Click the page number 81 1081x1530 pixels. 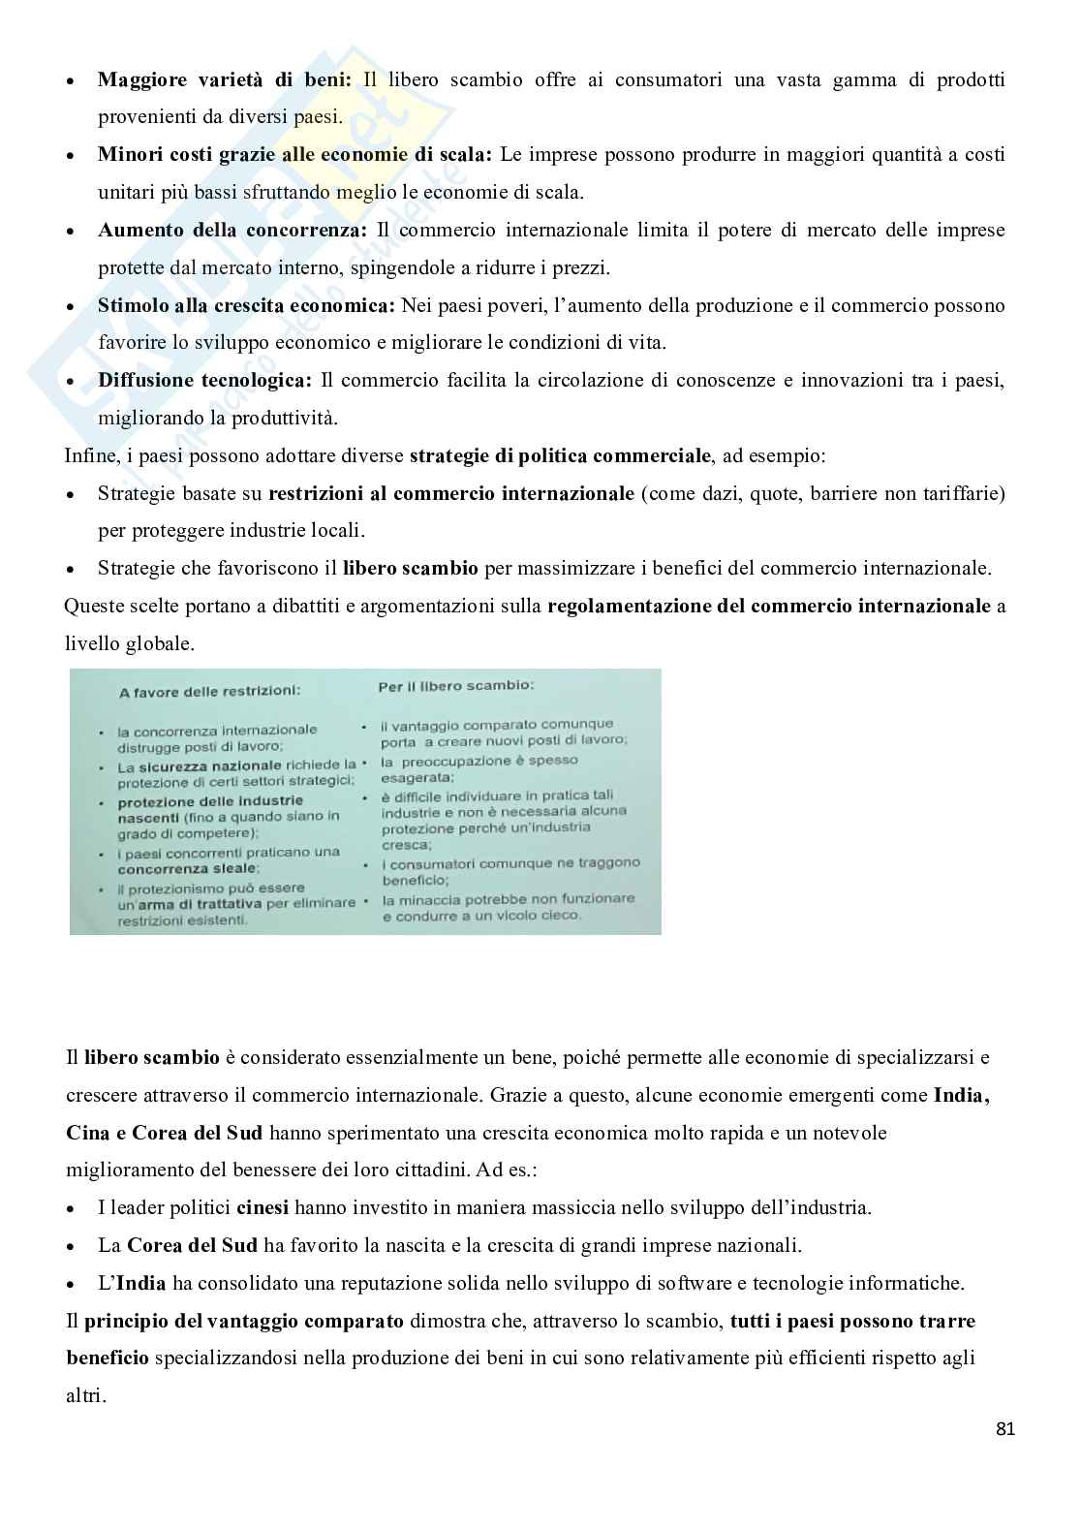(1004, 1429)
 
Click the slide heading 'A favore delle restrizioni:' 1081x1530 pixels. (209, 692)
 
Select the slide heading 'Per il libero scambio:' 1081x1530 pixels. (455, 685)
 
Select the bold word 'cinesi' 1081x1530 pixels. (263, 1207)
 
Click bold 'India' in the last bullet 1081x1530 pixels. (141, 1283)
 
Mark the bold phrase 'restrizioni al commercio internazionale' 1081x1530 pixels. (451, 493)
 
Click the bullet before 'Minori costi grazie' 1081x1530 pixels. (70, 155)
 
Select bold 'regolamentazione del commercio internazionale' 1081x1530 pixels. (769, 607)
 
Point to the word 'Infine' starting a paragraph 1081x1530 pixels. (86, 455)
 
